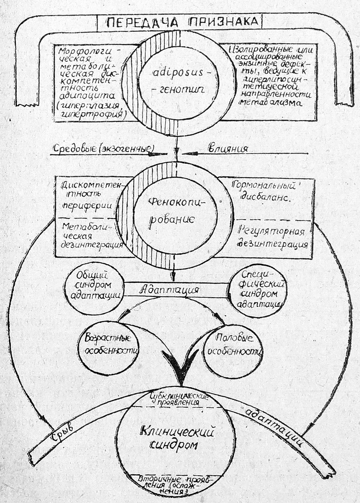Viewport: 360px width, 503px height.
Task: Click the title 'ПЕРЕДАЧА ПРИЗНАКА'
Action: click(x=182, y=22)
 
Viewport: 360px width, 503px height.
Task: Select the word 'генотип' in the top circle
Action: click(x=178, y=90)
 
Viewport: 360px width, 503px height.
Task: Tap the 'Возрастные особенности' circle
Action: click(x=108, y=344)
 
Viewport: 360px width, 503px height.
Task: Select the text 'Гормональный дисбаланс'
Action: click(x=264, y=192)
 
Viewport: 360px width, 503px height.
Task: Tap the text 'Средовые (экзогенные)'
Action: click(x=104, y=149)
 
